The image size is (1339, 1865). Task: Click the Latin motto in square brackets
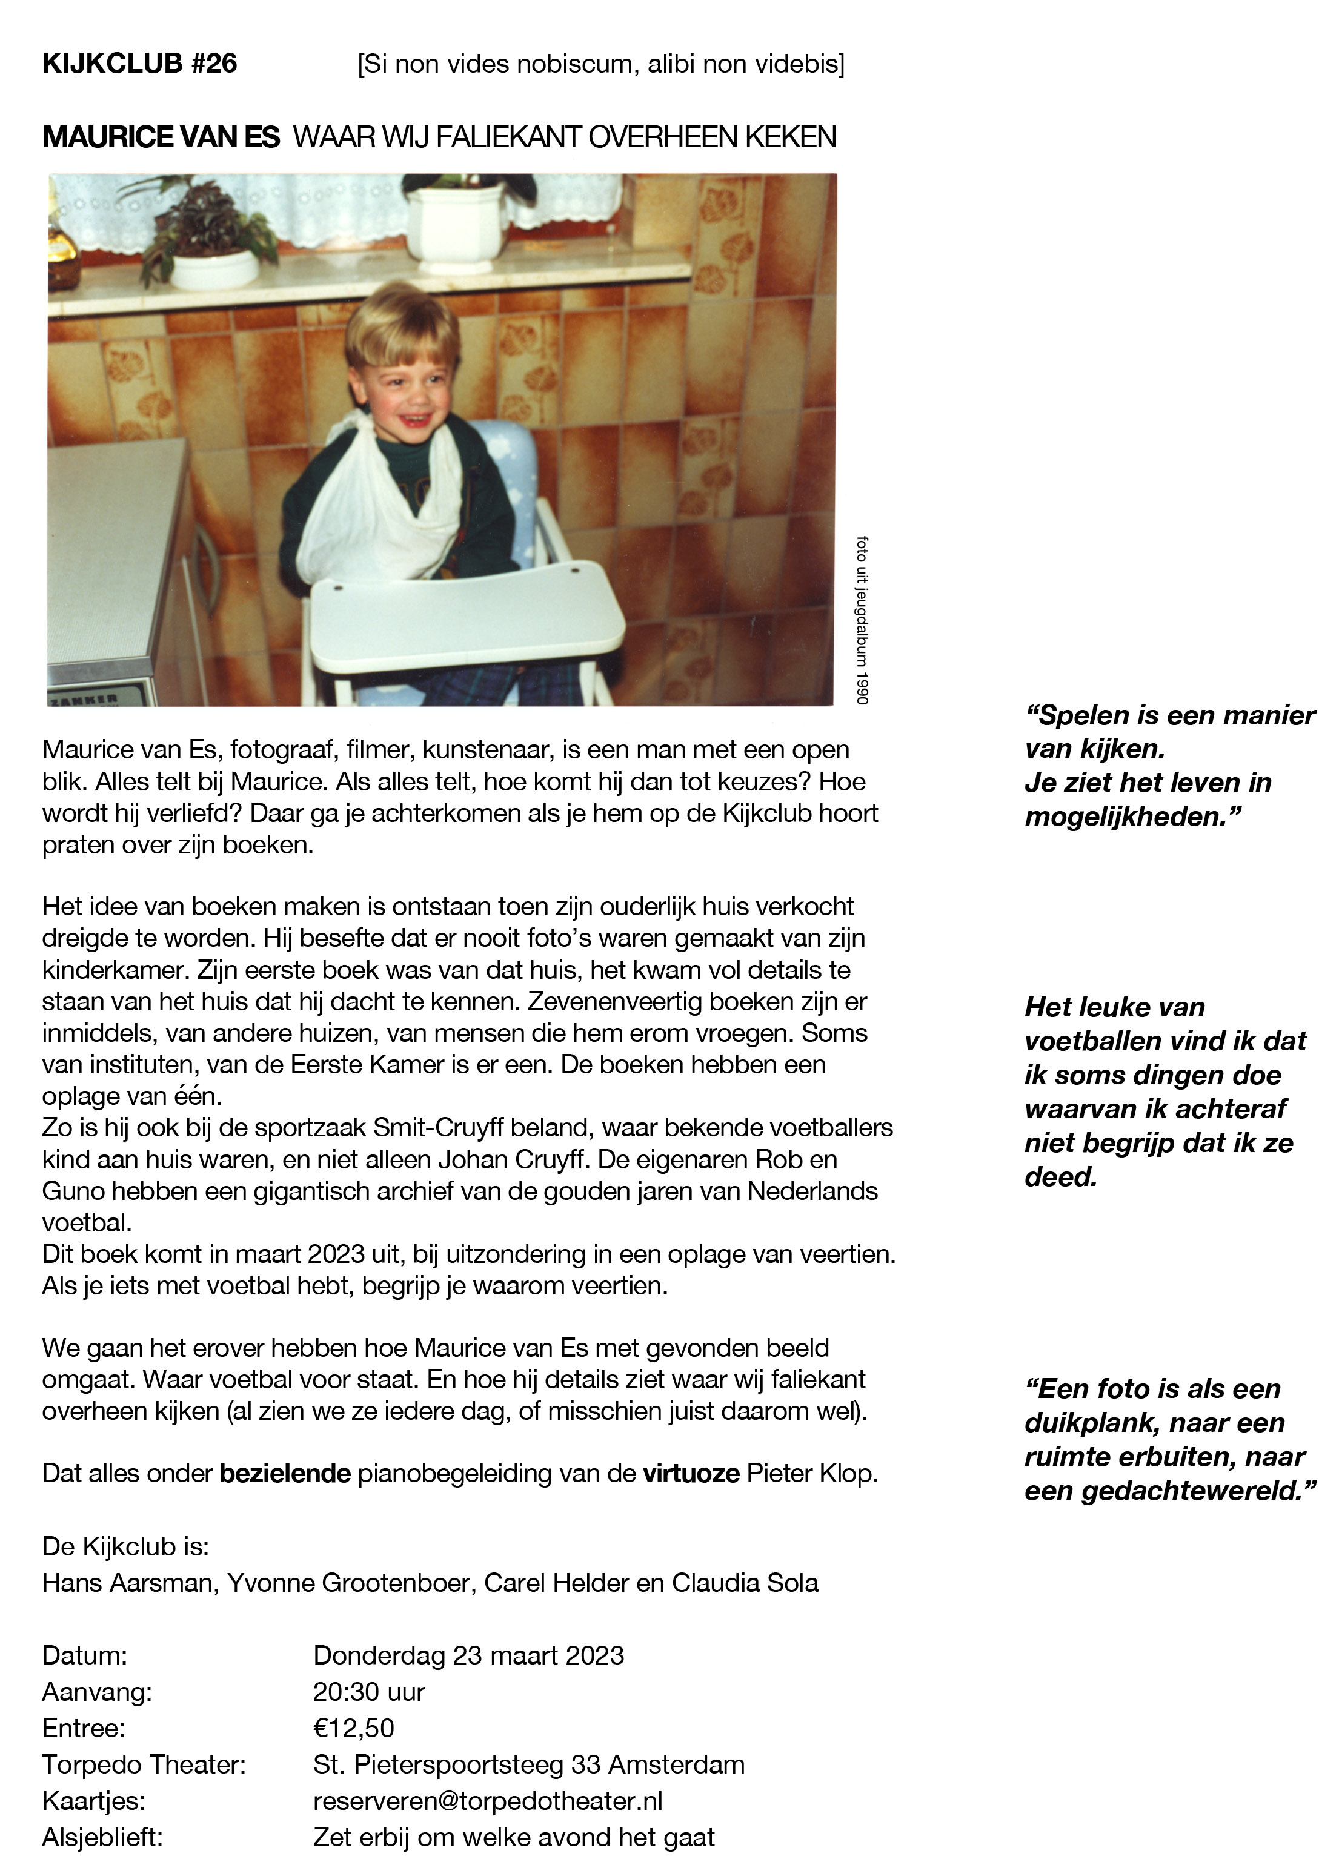(600, 64)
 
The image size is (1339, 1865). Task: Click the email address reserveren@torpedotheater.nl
(488, 1801)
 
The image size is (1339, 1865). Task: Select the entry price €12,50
(354, 1728)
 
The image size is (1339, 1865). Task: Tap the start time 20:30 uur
(368, 1692)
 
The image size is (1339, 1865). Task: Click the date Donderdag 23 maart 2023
(468, 1655)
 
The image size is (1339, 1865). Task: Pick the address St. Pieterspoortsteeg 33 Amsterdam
(529, 1764)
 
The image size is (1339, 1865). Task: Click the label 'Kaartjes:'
(94, 1801)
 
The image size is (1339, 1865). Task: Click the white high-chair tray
(467, 621)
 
